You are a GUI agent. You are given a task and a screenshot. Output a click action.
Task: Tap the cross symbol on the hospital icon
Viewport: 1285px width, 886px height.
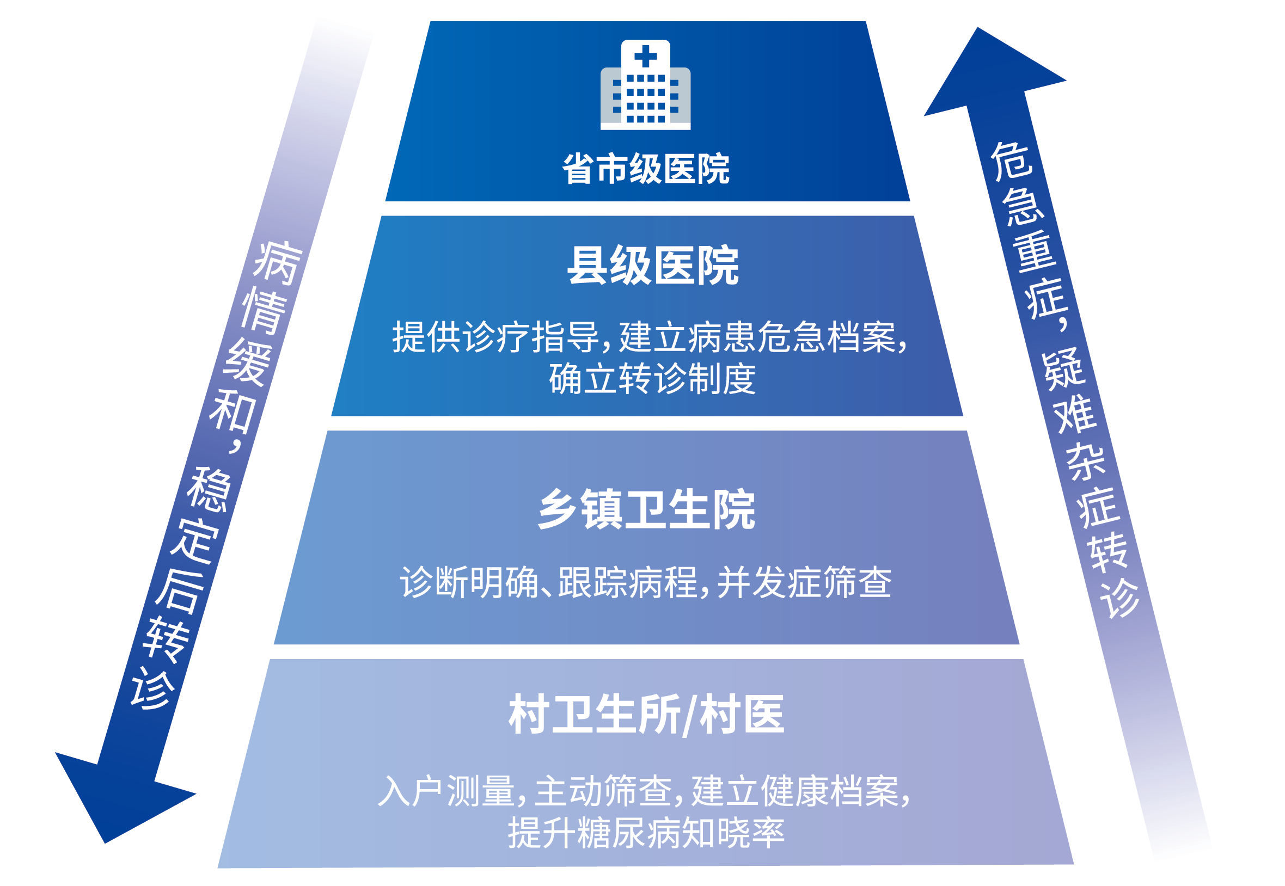point(645,56)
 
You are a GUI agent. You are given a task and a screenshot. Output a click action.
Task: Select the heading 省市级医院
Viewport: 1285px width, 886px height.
point(645,169)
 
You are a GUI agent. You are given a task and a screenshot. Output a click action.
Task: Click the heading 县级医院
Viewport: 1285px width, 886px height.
point(652,266)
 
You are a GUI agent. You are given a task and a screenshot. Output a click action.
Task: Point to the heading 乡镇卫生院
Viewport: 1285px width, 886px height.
point(646,509)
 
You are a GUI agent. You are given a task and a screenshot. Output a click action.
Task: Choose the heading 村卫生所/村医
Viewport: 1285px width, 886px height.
point(646,715)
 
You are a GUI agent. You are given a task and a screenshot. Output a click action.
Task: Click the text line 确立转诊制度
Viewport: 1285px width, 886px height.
point(652,379)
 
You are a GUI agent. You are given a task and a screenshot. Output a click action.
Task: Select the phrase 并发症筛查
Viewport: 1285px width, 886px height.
point(804,582)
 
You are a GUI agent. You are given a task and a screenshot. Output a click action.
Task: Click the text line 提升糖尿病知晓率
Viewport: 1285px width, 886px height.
point(646,833)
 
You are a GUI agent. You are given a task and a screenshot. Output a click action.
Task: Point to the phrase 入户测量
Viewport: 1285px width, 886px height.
point(446,791)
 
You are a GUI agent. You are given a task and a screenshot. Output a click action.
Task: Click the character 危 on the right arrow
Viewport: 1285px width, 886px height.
point(1011,161)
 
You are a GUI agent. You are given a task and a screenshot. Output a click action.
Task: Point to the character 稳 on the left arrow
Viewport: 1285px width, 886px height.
point(208,489)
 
